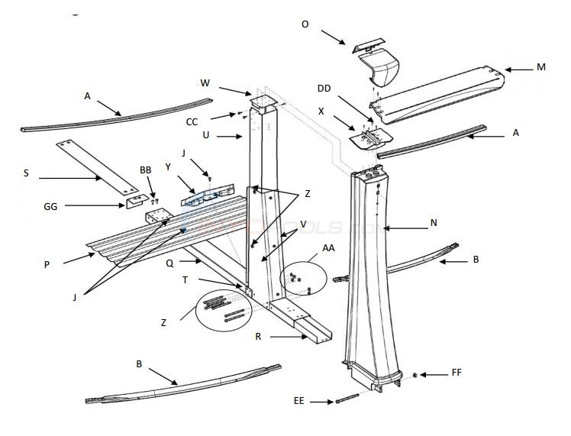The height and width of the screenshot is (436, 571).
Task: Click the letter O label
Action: (x=305, y=24)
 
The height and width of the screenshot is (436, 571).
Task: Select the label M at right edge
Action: (x=540, y=67)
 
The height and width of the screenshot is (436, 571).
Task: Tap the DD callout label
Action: (x=324, y=88)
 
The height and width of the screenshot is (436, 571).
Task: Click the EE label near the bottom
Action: (x=299, y=400)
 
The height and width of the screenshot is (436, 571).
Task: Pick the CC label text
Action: (x=192, y=121)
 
